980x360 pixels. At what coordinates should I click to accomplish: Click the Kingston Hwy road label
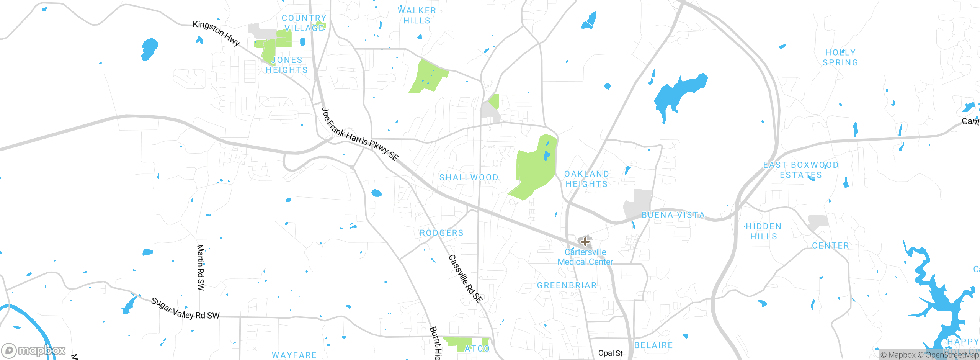[216, 33]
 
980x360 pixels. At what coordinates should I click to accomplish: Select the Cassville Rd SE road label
[465, 279]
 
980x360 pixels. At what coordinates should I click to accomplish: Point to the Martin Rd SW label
[201, 267]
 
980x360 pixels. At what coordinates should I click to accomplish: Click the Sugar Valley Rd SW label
[185, 309]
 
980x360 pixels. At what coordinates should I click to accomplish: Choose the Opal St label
[610, 353]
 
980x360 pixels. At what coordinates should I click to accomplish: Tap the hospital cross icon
[585, 241]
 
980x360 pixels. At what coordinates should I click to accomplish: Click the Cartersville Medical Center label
[585, 257]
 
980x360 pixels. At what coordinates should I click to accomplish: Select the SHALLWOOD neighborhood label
[469, 178]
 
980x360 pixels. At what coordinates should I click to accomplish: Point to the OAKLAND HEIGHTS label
[587, 179]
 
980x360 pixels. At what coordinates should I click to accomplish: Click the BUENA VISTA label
[673, 215]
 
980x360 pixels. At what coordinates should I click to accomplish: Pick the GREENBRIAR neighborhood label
[567, 285]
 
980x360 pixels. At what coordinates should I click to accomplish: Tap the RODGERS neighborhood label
[441, 233]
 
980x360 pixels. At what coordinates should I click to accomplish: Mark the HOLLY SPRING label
[840, 57]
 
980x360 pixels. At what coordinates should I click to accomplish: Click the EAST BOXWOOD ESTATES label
[801, 170]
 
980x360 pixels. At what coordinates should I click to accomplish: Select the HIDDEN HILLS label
[764, 231]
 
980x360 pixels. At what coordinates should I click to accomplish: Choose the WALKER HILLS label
[417, 16]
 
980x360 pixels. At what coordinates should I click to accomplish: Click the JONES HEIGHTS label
[287, 65]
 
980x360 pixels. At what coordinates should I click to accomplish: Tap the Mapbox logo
[33, 350]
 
